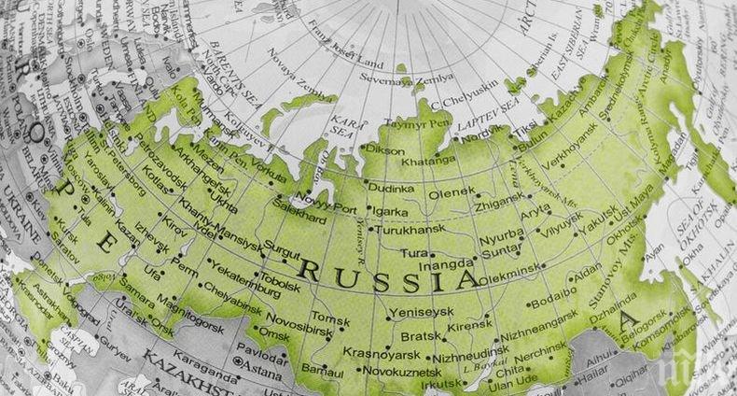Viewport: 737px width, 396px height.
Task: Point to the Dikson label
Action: [386, 149]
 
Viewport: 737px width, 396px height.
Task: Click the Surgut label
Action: [284, 249]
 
